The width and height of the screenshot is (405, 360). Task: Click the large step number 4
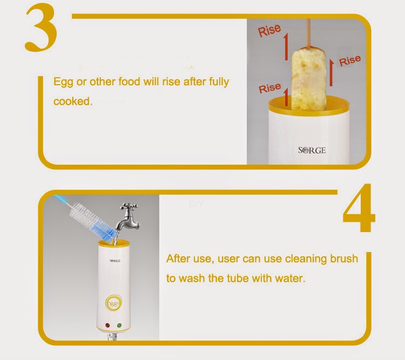click(360, 208)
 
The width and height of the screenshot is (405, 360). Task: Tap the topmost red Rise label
click(269, 30)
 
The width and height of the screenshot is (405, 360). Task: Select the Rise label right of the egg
click(350, 61)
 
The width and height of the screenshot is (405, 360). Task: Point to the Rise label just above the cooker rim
click(269, 88)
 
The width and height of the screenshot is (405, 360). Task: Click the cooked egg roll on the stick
click(308, 78)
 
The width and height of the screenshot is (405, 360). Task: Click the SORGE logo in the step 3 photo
click(312, 150)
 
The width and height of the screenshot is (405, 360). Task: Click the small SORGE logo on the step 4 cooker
click(115, 261)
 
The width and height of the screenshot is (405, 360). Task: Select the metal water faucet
click(128, 216)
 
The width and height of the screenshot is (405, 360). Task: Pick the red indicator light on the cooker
click(107, 325)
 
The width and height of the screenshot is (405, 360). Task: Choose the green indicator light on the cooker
click(119, 325)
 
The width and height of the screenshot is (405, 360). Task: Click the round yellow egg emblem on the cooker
click(113, 302)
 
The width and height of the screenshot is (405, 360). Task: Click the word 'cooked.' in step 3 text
click(73, 101)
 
